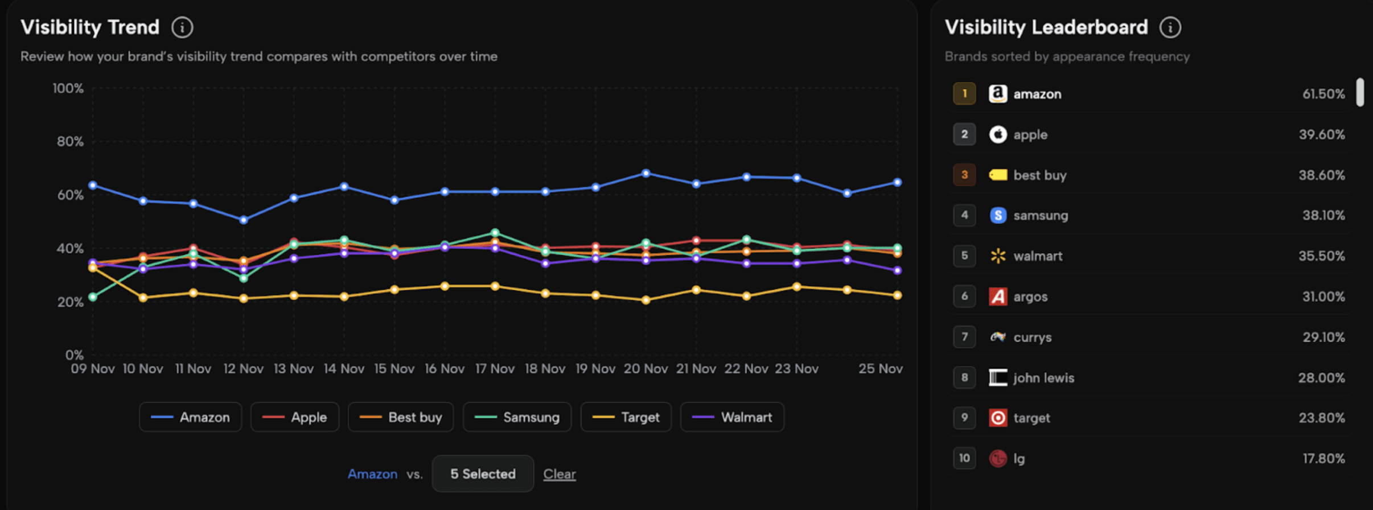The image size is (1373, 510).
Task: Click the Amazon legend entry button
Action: pyautogui.click(x=190, y=417)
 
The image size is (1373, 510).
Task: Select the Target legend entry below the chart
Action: pyautogui.click(x=626, y=417)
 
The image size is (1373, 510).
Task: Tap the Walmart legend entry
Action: pyautogui.click(x=732, y=417)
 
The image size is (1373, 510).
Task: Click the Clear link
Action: pyautogui.click(x=559, y=474)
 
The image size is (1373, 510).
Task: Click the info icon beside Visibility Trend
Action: pyautogui.click(x=182, y=27)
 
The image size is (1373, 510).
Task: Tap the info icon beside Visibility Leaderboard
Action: pyautogui.click(x=1170, y=27)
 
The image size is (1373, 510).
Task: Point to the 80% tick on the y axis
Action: pyautogui.click(x=70, y=141)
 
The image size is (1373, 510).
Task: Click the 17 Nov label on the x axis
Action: pyautogui.click(x=495, y=369)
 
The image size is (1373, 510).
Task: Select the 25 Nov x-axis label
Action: pyautogui.click(x=880, y=369)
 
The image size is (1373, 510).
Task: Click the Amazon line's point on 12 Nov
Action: pyautogui.click(x=244, y=220)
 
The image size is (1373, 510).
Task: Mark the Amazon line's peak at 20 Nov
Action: pyautogui.click(x=646, y=173)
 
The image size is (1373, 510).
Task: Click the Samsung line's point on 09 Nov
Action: pyautogui.click(x=93, y=297)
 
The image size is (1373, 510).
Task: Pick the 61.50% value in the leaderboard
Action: pyautogui.click(x=1323, y=94)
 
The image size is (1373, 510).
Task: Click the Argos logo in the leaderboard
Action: pyautogui.click(x=998, y=297)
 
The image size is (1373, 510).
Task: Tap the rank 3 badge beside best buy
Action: pyautogui.click(x=964, y=175)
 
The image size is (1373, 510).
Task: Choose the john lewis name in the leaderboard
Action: pyautogui.click(x=1043, y=378)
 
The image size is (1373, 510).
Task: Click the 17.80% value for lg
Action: pyautogui.click(x=1323, y=459)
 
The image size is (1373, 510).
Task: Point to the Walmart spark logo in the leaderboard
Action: pyautogui.click(x=998, y=256)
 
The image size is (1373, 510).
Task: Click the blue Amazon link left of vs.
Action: pyautogui.click(x=372, y=474)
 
